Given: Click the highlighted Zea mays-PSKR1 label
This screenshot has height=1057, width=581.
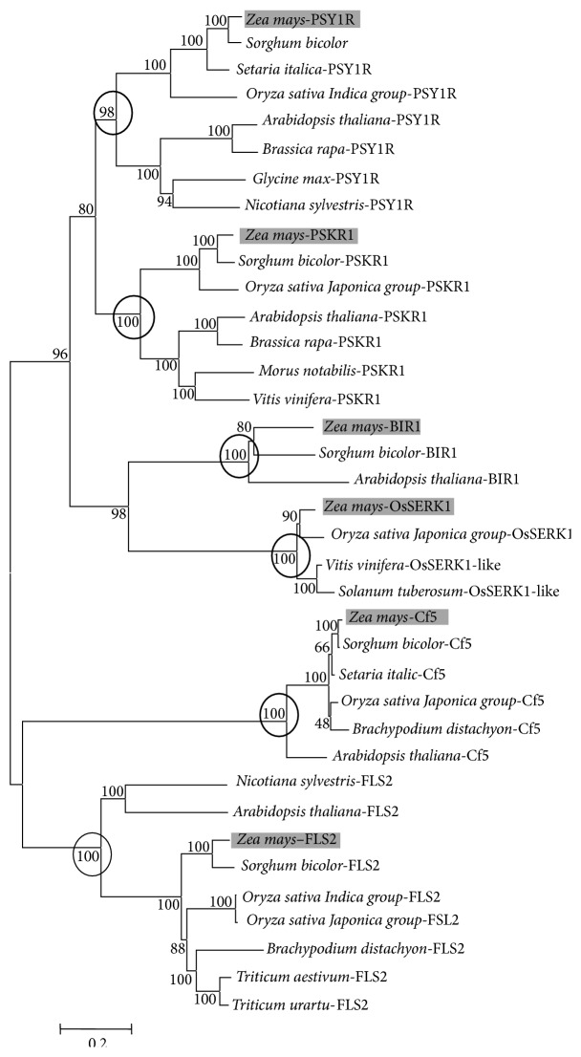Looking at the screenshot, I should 299,234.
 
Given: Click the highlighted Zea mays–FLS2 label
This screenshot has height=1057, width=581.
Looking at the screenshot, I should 285,841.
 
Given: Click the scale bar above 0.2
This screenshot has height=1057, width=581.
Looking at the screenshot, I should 95,1029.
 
